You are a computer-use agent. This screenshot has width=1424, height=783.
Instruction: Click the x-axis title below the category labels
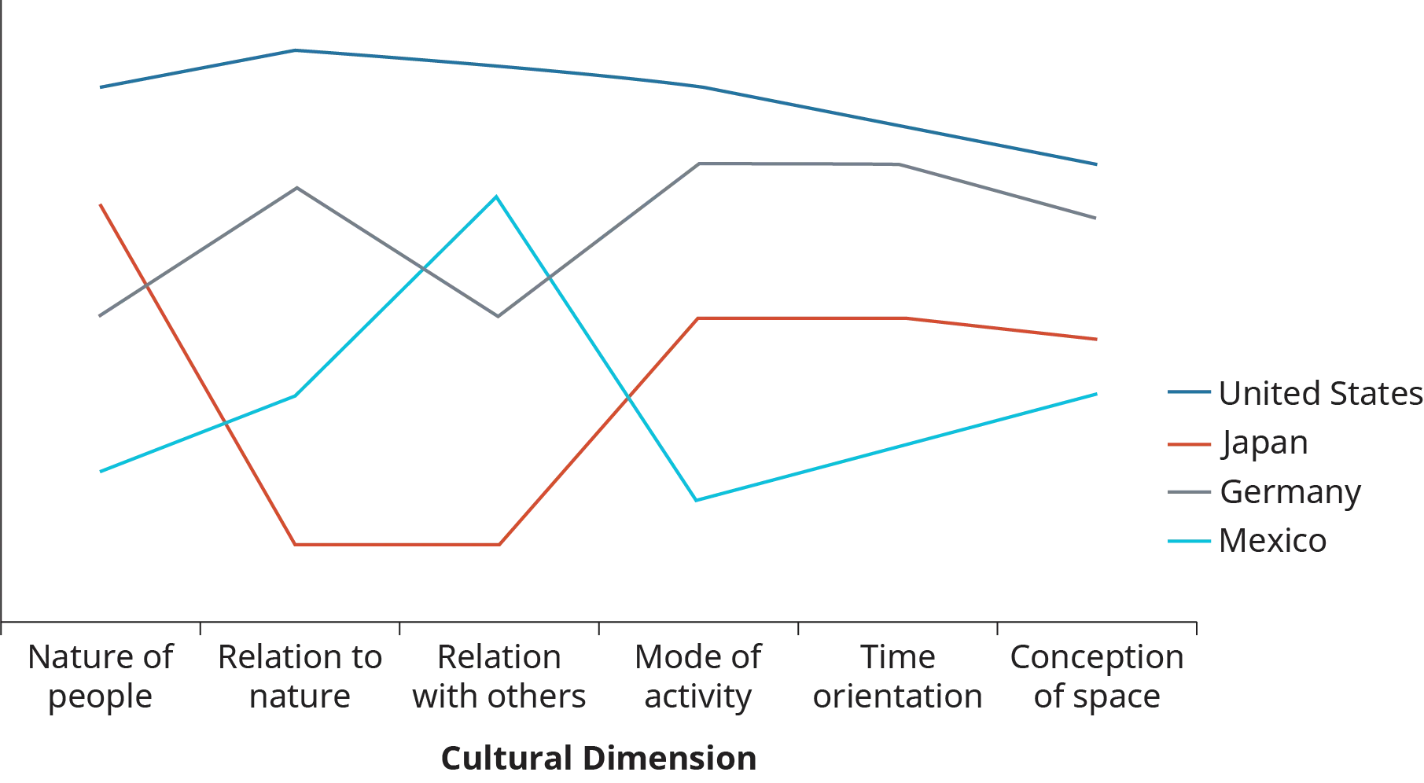pyautogui.click(x=600, y=759)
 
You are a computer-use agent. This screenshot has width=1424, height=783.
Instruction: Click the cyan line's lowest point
pyautogui.click(x=694, y=498)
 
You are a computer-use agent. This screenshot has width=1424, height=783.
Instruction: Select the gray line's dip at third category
pyautogui.click(x=499, y=316)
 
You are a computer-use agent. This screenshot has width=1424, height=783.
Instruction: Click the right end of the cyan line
pyautogui.click(x=1097, y=393)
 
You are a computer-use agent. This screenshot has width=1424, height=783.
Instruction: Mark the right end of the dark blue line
pyautogui.click(x=1097, y=164)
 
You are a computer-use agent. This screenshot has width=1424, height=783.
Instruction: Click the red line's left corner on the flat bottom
pyautogui.click(x=294, y=542)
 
